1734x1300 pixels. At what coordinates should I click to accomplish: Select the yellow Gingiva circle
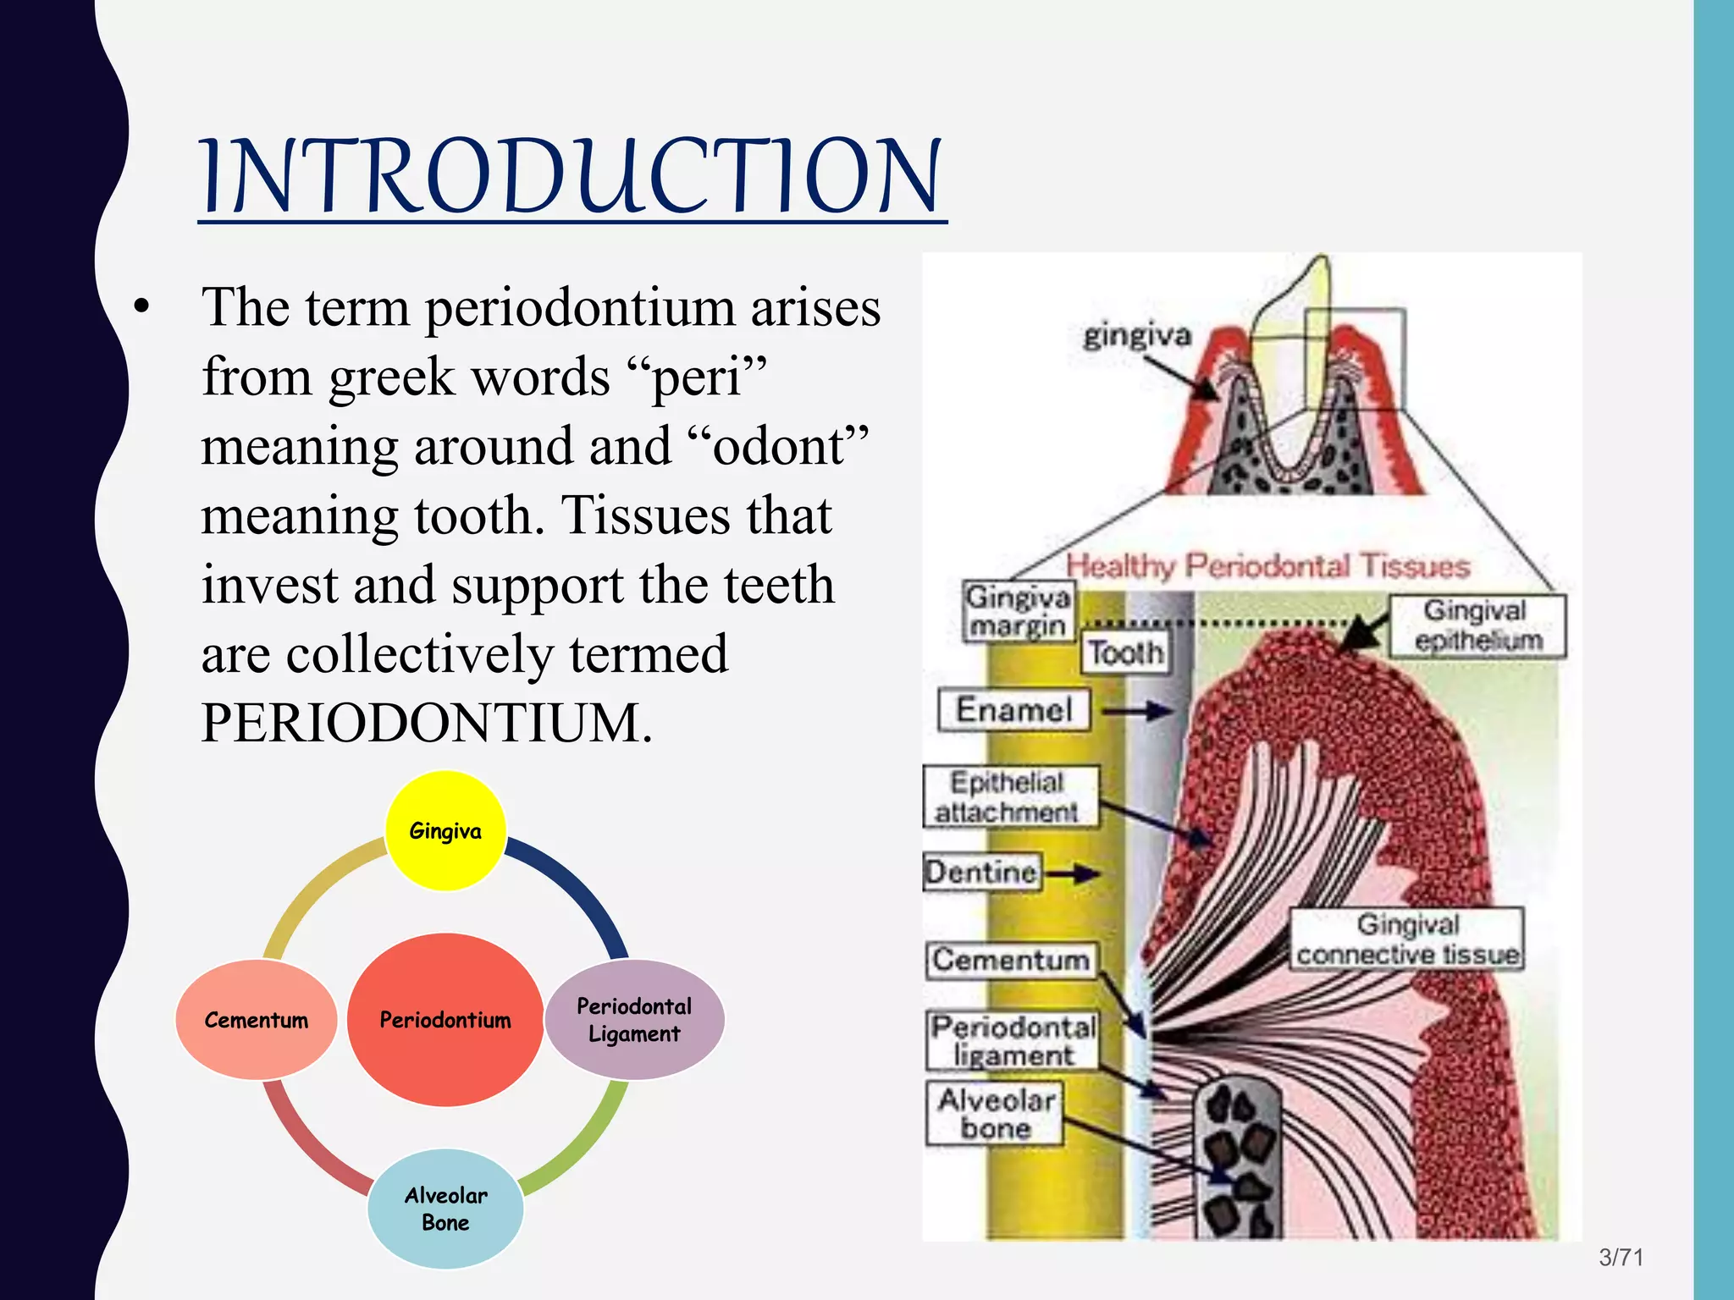click(445, 830)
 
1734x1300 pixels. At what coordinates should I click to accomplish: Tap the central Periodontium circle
click(445, 1020)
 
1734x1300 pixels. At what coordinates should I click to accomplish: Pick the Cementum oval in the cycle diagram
click(257, 1020)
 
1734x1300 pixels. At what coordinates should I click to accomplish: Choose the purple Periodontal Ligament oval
click(634, 1020)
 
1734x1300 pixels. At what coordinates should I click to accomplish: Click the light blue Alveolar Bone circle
click(445, 1209)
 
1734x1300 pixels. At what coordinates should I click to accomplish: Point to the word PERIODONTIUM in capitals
click(426, 724)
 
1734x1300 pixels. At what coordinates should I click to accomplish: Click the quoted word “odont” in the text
click(779, 446)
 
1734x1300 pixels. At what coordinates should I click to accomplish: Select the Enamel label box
click(1013, 709)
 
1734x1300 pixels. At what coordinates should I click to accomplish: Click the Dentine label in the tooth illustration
click(982, 872)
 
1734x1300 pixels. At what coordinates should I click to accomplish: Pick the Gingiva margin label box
click(1018, 611)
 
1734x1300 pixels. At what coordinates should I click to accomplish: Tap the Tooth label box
click(1125, 653)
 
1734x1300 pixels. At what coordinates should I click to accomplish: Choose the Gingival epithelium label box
click(1477, 625)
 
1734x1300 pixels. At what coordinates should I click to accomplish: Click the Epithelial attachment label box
click(1009, 796)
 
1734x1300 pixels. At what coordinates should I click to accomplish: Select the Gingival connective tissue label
click(1407, 939)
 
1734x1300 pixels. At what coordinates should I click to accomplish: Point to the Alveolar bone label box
click(995, 1114)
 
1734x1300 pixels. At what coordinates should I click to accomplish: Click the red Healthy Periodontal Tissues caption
click(1267, 565)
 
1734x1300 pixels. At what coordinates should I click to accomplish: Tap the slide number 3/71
click(1621, 1257)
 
